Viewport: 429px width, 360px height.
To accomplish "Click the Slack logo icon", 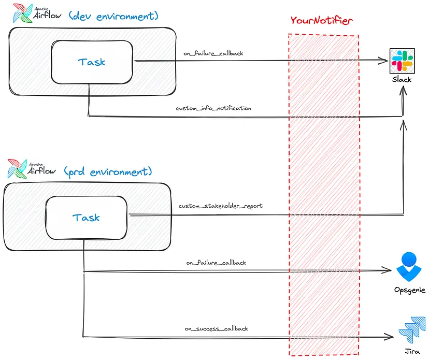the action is (402, 61).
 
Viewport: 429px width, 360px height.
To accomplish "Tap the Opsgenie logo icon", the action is (409, 267).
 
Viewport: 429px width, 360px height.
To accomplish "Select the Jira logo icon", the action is (412, 329).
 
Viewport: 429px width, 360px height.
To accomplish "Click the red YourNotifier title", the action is (321, 21).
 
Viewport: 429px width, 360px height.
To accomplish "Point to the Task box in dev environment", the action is (92, 62).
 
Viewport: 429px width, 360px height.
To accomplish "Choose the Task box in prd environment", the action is (86, 218).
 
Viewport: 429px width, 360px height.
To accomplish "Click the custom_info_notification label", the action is (213, 108).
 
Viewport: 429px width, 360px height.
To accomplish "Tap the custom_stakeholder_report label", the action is (221, 206).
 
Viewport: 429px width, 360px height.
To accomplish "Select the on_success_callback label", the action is (217, 328).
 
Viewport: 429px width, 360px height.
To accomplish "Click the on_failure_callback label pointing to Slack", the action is (213, 53).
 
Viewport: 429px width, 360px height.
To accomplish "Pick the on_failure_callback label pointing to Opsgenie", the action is (216, 263).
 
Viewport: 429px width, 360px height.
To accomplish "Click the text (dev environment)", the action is (113, 16).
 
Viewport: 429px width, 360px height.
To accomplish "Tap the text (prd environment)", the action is (108, 172).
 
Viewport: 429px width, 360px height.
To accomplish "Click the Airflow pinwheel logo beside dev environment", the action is (23, 13).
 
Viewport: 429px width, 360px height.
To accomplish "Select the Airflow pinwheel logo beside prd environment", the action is (18, 169).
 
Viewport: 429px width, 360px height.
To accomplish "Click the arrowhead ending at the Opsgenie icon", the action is (387, 270).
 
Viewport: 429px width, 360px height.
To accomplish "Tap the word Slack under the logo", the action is (402, 80).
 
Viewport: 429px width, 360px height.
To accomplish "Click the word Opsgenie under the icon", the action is (410, 290).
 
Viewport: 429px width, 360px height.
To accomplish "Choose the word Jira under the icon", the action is (412, 352).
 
